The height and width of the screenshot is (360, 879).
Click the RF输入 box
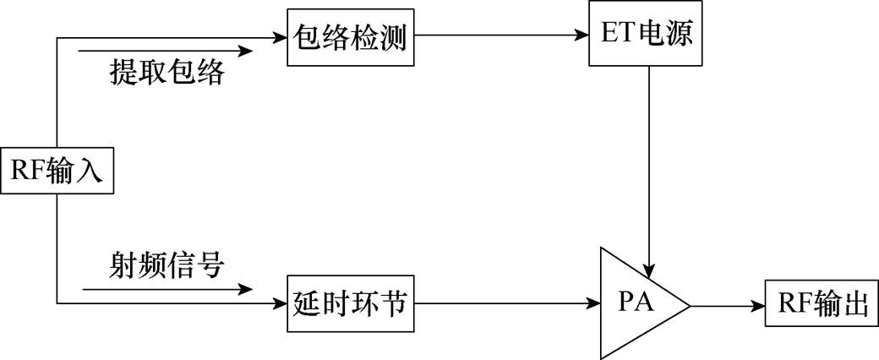click(x=56, y=171)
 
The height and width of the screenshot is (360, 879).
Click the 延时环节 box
click(x=352, y=303)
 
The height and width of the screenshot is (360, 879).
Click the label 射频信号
click(x=167, y=267)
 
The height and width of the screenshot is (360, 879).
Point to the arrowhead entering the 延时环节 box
click(x=281, y=303)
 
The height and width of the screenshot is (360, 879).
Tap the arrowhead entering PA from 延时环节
click(x=593, y=303)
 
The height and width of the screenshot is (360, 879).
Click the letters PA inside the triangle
click(x=635, y=303)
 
